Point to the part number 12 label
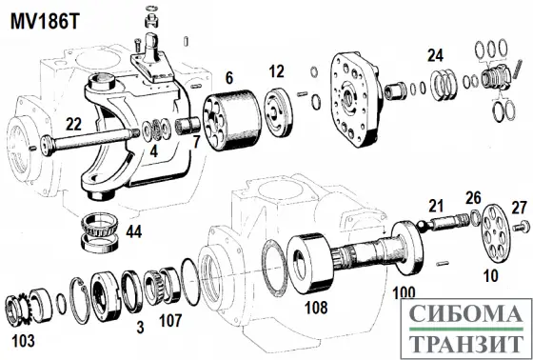coord(276,70)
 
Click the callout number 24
coord(435,55)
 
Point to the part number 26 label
coord(473,198)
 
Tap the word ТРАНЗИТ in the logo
coord(463,343)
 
